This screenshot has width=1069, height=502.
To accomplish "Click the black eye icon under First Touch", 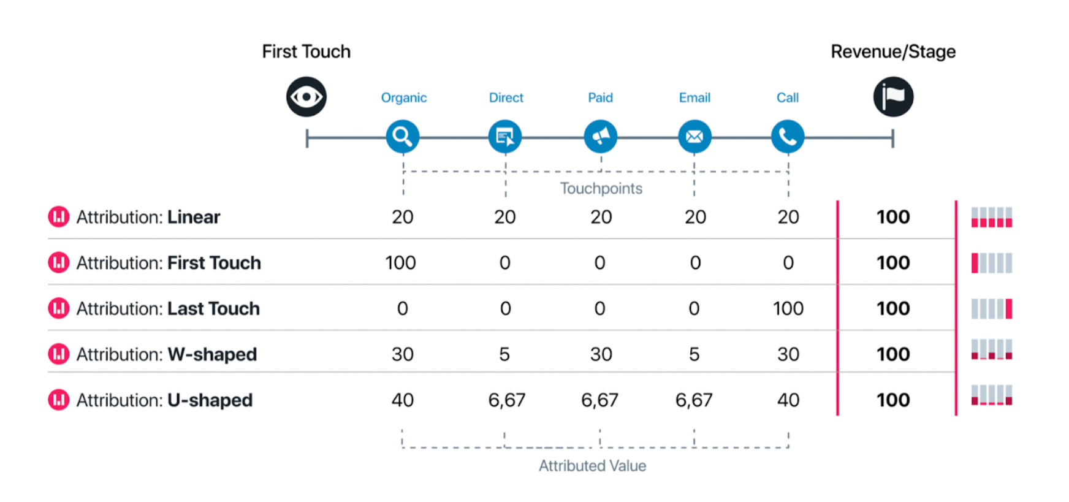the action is click(x=306, y=97).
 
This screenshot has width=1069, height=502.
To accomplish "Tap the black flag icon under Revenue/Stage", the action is click(x=893, y=97).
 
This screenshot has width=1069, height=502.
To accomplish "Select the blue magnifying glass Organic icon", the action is click(x=403, y=136).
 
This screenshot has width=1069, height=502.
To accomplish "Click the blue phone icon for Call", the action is click(x=788, y=136).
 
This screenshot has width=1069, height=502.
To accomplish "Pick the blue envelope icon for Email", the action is click(x=694, y=136).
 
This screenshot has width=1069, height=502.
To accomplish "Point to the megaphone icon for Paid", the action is click(x=601, y=136).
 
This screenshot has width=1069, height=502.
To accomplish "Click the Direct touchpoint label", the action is click(x=506, y=97).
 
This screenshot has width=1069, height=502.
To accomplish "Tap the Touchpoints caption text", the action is click(x=601, y=188).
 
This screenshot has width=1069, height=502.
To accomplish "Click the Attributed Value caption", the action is click(x=592, y=466).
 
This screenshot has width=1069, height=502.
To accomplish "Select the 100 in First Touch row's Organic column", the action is click(x=401, y=263).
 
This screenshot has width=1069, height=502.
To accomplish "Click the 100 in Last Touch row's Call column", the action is click(x=788, y=308).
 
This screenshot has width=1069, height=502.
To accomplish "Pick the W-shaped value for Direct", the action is click(x=504, y=354).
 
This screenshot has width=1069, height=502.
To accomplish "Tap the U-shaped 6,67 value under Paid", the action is click(x=599, y=400).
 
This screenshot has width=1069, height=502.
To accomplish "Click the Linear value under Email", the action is click(x=695, y=217).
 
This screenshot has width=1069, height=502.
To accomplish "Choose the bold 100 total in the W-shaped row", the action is click(x=893, y=354).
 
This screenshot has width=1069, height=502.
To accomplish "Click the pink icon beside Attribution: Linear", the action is click(x=59, y=216).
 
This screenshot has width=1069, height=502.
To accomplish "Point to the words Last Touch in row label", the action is click(x=213, y=308).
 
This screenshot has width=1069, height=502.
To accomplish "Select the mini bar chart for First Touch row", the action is click(x=992, y=263).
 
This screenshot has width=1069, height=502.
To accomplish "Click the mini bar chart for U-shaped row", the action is click(x=992, y=395).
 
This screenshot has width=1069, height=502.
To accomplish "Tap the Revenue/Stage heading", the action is click(x=893, y=51).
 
